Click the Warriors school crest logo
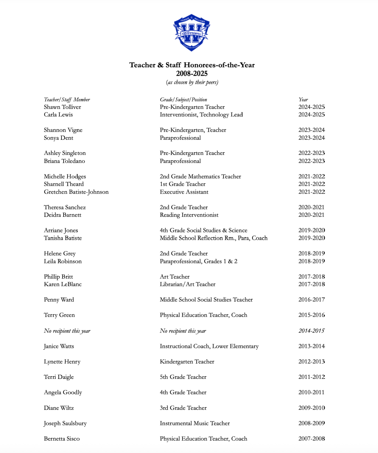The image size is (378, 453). click(192, 32)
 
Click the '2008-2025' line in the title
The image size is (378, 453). click(192, 74)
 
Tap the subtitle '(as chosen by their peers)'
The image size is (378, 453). click(192, 82)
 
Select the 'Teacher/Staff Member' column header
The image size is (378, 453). click(67, 100)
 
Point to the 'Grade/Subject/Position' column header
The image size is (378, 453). click(183, 100)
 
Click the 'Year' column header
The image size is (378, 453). click(303, 100)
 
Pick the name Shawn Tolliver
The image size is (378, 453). click(62, 107)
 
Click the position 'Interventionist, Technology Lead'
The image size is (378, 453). click(201, 114)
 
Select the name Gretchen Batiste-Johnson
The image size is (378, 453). click(76, 192)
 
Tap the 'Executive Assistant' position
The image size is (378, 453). click(184, 192)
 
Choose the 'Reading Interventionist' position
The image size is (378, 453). click(189, 215)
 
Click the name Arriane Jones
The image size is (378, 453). click(61, 230)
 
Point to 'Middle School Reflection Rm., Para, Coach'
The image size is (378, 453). click(213, 238)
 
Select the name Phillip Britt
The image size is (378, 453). click(58, 277)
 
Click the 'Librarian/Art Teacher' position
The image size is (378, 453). click(187, 284)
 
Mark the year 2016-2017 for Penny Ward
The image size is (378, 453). click(311, 299)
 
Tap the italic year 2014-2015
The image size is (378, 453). click(311, 331)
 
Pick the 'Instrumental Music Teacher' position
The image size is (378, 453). click(195, 423)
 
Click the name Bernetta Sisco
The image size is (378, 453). click(62, 439)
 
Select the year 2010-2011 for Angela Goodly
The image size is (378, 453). click(311, 392)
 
